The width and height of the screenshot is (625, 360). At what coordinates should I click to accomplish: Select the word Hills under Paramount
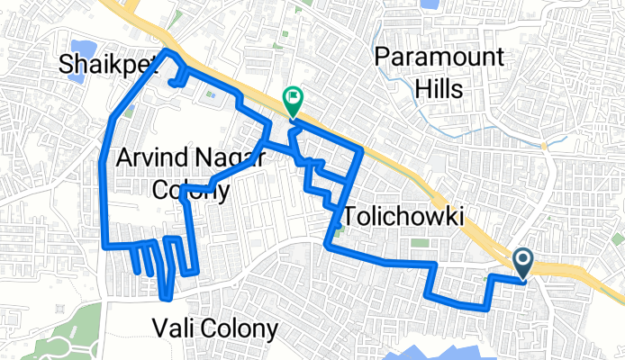click(439, 89)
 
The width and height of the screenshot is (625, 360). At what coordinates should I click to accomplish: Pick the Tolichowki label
click(403, 217)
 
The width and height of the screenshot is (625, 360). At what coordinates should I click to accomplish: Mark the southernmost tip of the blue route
click(166, 298)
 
